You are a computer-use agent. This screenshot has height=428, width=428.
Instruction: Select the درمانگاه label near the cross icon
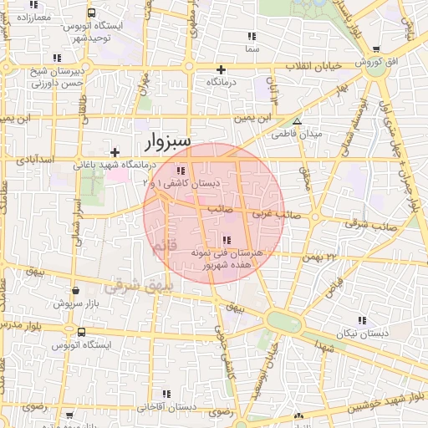[222, 84]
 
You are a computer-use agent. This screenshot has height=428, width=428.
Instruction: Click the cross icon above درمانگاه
[222, 69]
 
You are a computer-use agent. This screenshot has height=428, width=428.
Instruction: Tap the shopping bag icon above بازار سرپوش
[76, 290]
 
